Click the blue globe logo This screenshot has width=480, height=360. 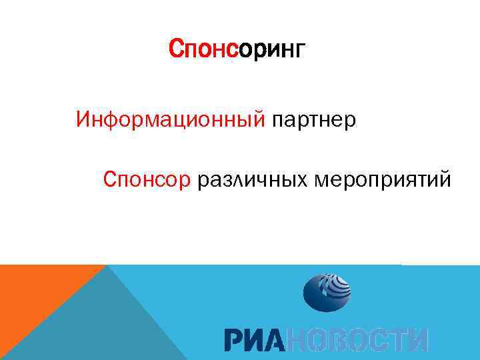click(327, 291)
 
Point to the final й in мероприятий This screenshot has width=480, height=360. click(443, 179)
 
